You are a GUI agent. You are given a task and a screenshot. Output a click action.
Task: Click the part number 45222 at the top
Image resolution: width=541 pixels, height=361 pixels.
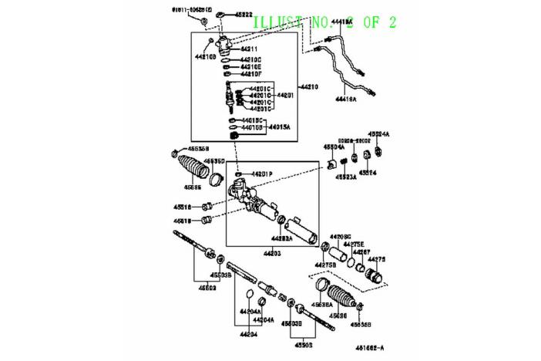point(244,15)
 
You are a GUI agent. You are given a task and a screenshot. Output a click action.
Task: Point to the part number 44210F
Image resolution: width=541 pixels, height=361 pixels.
point(251,75)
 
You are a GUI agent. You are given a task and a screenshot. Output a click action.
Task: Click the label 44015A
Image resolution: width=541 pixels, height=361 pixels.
point(280,128)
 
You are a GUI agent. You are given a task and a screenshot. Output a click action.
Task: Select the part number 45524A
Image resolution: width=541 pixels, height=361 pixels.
point(379,133)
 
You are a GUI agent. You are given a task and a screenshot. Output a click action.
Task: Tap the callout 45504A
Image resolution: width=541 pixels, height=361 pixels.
point(334,146)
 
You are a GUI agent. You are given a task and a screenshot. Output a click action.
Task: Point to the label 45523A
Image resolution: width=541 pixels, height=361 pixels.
point(345,177)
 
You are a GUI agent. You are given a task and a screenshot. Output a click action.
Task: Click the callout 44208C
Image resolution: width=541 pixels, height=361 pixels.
point(341,236)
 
